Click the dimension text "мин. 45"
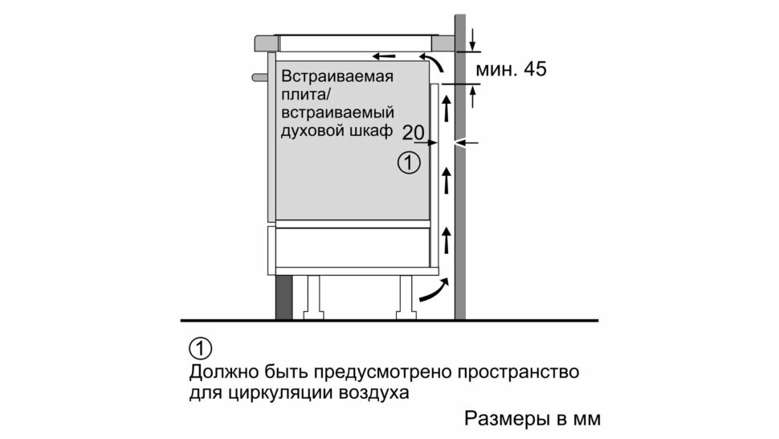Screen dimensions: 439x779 [x=511, y=69]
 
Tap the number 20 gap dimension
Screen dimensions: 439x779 [x=413, y=132]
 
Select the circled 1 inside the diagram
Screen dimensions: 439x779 [x=409, y=164]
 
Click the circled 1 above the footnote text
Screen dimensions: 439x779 [x=200, y=349]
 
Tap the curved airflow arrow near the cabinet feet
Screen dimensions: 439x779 [x=432, y=290]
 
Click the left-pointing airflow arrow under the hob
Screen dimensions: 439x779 [x=384, y=56]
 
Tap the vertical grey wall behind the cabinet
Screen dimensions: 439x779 [x=461, y=201]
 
